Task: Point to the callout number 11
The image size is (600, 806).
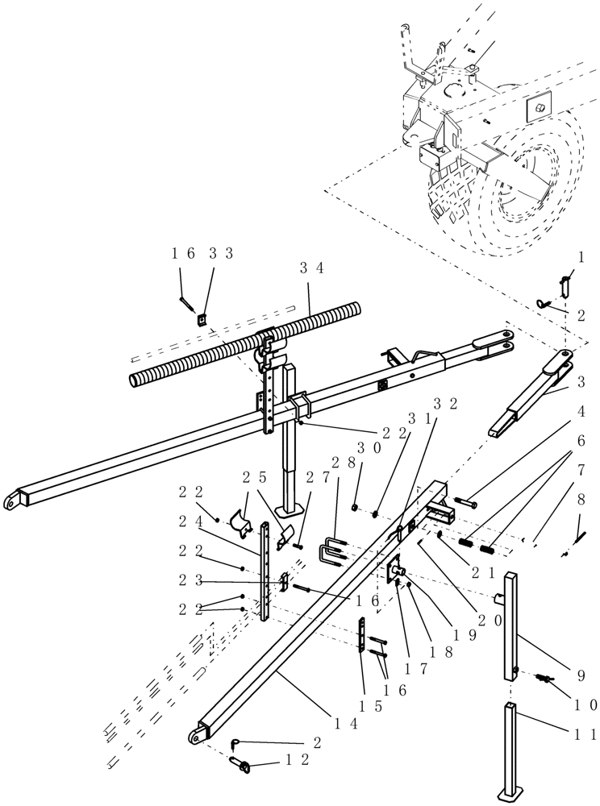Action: (x=587, y=734)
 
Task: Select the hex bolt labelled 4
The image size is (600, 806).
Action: (x=465, y=505)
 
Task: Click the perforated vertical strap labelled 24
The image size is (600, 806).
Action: (x=265, y=572)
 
